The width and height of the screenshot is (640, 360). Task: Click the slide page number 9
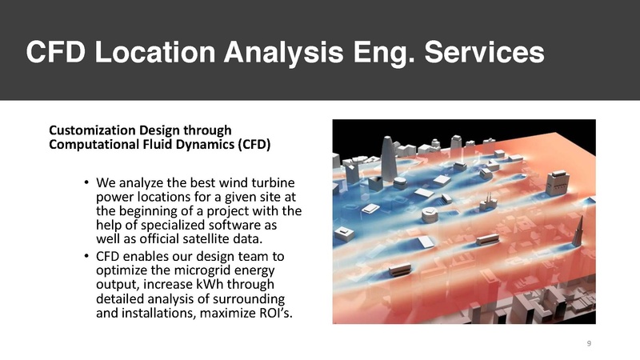tap(589, 343)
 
